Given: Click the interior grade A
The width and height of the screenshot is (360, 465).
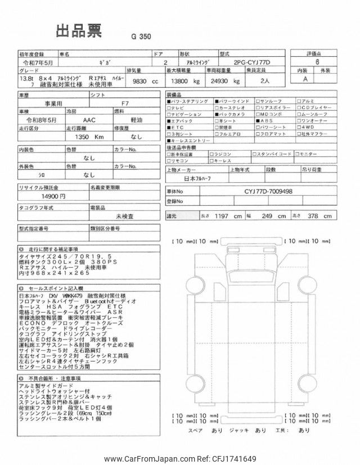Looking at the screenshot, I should click(x=305, y=79).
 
